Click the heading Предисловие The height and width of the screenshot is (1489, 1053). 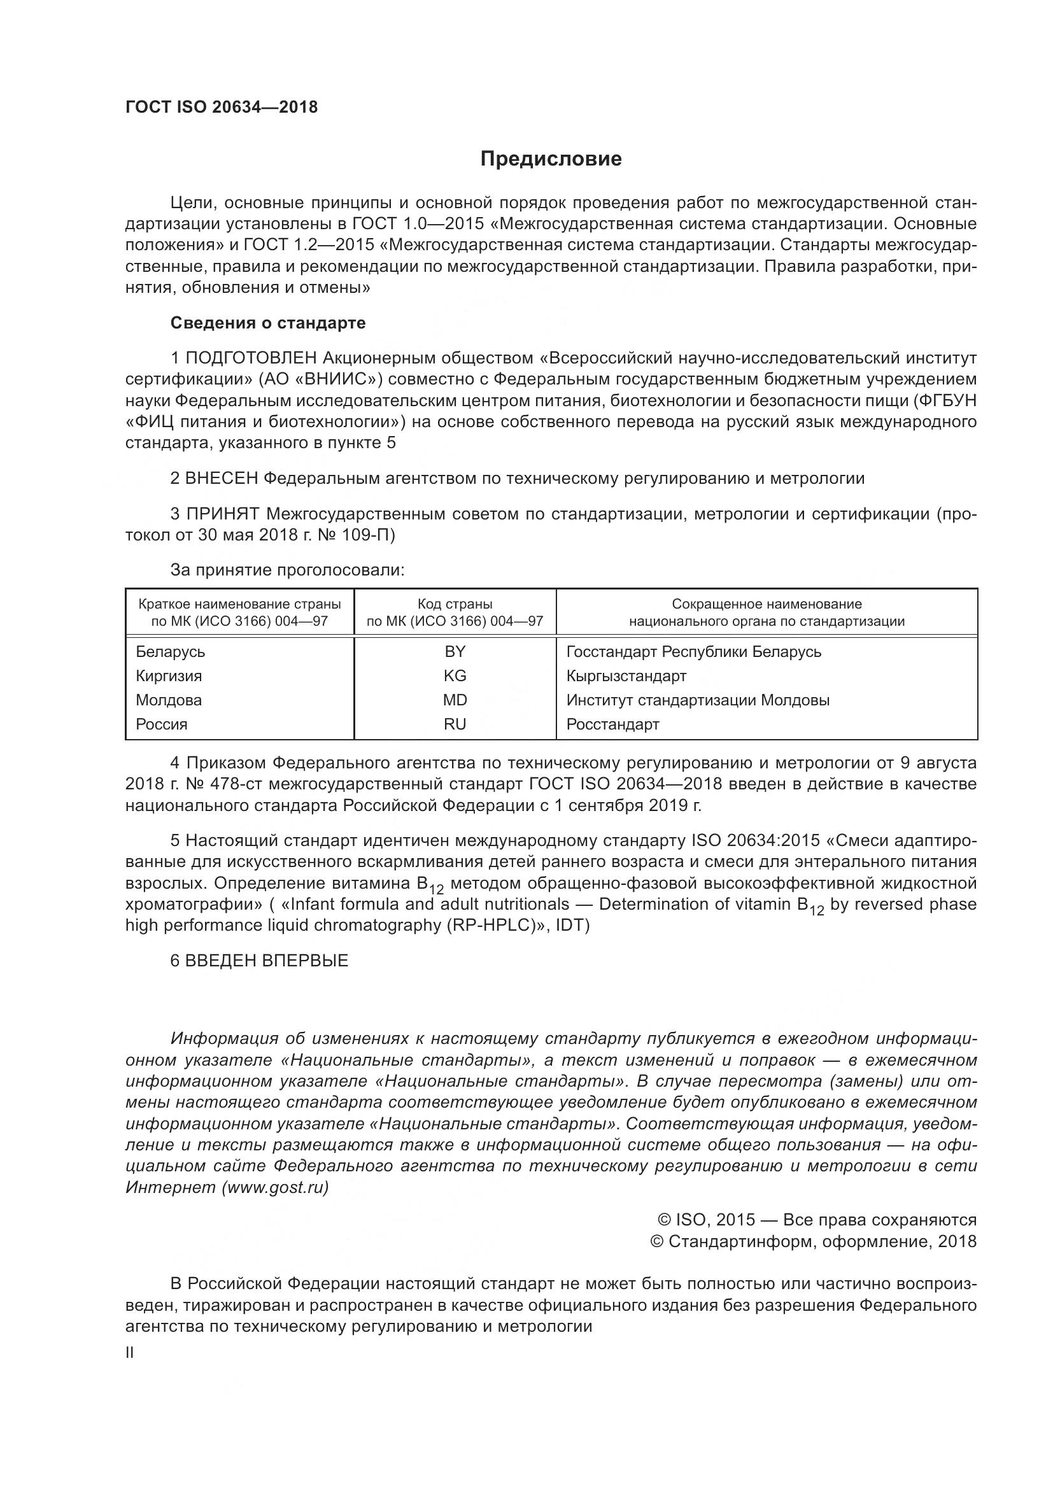551,159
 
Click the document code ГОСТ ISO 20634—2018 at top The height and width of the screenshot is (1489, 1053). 221,108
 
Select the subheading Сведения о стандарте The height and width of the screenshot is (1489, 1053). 268,323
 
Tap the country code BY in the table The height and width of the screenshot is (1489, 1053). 455,652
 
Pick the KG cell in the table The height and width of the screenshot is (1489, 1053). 455,676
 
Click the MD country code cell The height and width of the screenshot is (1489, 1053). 455,700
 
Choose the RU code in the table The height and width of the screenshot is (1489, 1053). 455,724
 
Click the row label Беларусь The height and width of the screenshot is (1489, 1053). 170,652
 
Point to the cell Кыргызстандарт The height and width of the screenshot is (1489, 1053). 626,676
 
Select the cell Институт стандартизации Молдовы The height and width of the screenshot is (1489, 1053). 698,700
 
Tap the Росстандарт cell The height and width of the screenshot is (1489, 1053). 612,724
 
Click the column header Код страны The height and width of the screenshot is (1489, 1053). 455,604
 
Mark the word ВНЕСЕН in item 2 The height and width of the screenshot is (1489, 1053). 222,479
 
